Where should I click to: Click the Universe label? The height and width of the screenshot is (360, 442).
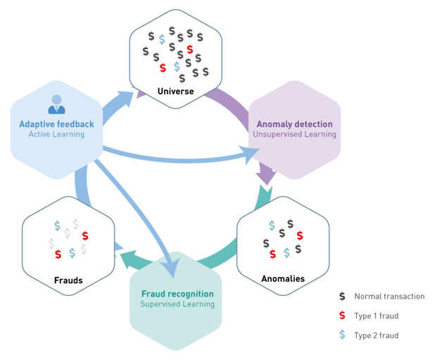point(176,91)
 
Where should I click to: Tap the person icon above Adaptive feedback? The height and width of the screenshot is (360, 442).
point(57,104)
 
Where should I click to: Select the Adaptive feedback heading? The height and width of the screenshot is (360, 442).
point(56,124)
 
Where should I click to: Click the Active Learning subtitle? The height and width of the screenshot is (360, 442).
point(56,135)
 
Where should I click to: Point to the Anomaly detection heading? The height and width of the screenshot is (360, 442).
point(295,124)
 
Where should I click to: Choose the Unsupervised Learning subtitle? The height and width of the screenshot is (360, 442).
point(295,135)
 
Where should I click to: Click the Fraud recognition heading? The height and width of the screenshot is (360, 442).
point(177,294)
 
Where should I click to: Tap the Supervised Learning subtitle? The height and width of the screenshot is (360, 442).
point(177,304)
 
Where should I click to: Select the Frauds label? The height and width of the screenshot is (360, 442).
point(68,280)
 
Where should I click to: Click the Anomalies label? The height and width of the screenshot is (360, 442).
point(283,279)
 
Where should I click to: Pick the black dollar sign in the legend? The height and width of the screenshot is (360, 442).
point(342,296)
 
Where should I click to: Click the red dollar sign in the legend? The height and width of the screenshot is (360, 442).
point(342,316)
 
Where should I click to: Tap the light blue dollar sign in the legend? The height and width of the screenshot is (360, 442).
point(342,335)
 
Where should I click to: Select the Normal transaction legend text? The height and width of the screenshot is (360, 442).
point(390,296)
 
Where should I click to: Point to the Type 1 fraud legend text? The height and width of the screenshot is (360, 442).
point(377,316)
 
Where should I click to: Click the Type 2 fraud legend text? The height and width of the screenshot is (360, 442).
point(377,335)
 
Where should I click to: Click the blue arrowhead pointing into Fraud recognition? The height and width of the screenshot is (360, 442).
point(170,268)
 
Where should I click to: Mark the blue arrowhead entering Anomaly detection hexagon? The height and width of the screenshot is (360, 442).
point(249,154)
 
